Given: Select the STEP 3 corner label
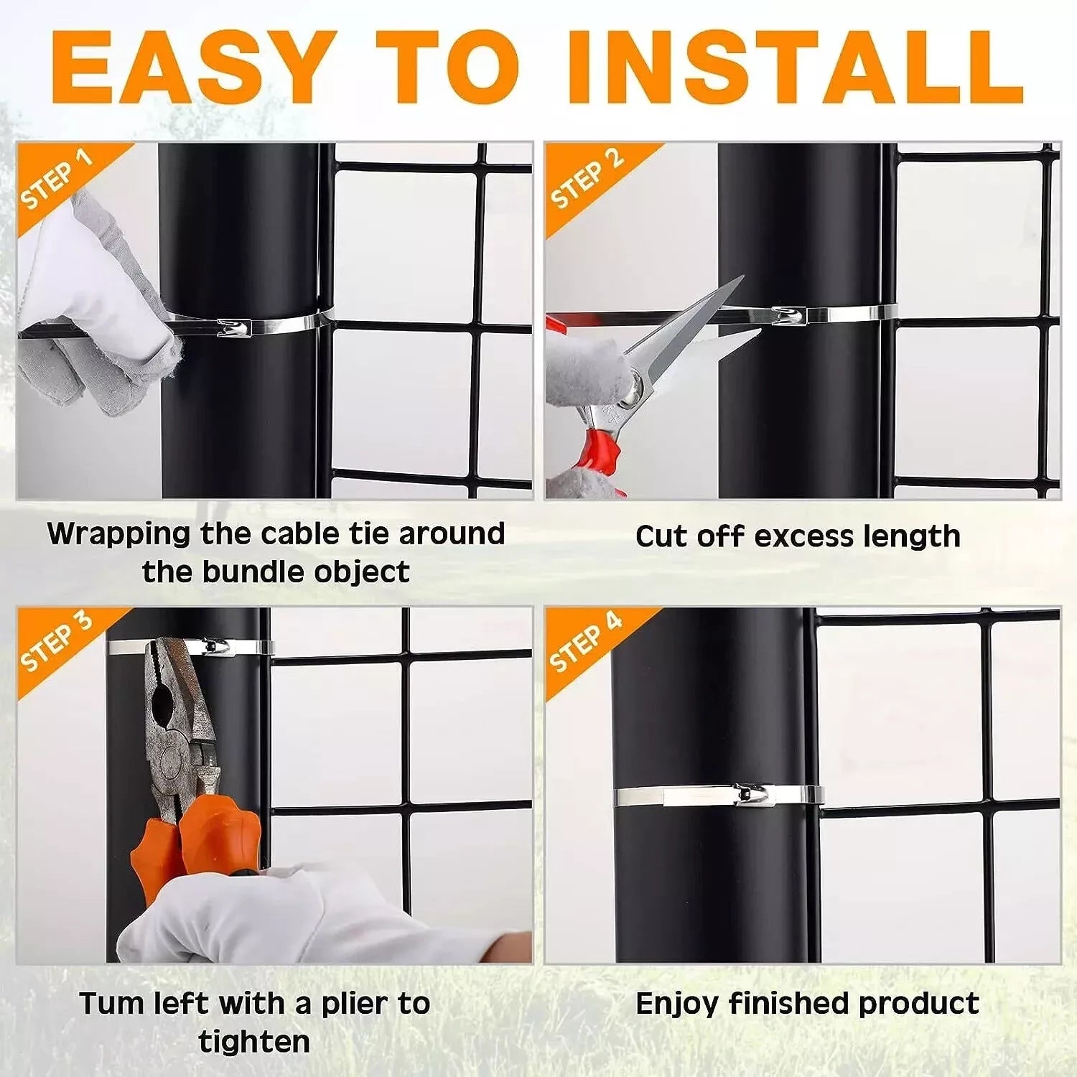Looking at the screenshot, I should pyautogui.click(x=57, y=642).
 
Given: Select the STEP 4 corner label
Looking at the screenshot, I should pyautogui.click(x=586, y=642).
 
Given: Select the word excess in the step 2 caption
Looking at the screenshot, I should pyautogui.click(x=805, y=536).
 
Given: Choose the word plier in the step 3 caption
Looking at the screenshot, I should pyautogui.click(x=353, y=1003).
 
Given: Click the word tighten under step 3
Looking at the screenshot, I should pyautogui.click(x=254, y=1042).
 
